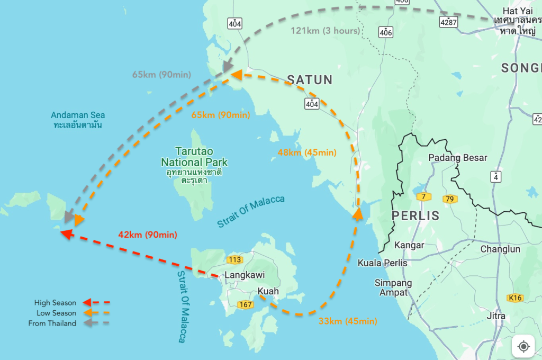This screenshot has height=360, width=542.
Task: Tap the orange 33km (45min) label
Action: pos(348,321)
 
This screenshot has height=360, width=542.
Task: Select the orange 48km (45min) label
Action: pos(307,152)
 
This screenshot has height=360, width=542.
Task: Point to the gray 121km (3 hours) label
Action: pos(325,31)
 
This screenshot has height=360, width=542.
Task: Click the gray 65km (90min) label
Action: pos(161,75)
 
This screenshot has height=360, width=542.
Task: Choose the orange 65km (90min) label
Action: pos(220,115)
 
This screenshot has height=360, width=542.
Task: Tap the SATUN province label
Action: pos(310,80)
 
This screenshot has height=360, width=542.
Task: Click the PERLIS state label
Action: pos(415,215)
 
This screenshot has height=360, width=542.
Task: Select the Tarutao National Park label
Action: pos(194,157)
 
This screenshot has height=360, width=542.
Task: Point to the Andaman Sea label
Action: pos(78,115)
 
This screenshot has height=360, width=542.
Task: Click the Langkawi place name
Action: pos(245,275)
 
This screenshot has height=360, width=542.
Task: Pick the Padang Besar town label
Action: pos(457,158)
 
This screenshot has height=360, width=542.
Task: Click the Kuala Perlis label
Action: pos(382,263)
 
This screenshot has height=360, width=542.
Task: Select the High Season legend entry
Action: pos(56,303)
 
